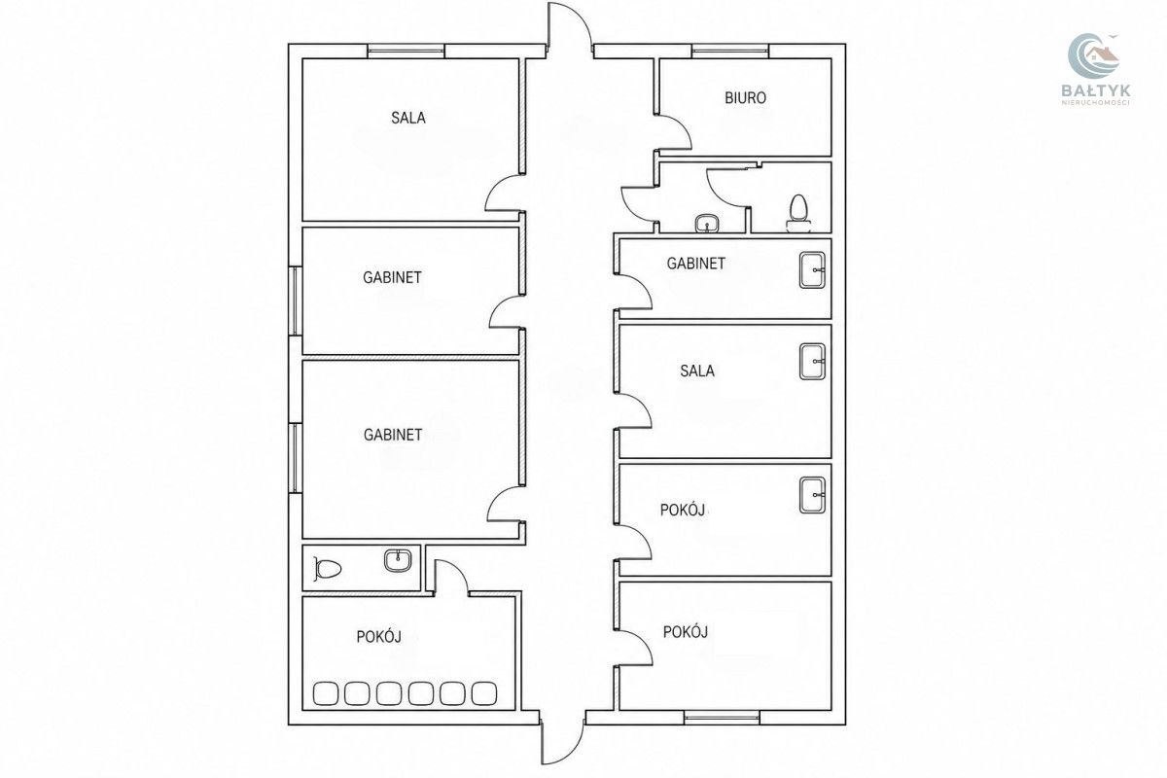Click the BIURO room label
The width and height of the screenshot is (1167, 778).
point(745,98)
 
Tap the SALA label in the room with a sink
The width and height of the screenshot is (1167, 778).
point(697,371)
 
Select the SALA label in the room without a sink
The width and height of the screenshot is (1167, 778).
point(408,118)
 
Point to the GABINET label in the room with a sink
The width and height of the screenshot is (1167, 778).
point(696,264)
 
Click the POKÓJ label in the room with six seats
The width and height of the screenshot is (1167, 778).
point(378,636)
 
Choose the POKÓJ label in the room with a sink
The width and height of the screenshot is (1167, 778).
point(683,510)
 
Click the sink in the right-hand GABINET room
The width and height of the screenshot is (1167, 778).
point(813,270)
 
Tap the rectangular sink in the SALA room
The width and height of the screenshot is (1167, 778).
point(813,361)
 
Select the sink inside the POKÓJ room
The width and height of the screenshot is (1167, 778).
point(813,495)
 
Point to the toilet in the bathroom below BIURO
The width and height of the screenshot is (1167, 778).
point(798,213)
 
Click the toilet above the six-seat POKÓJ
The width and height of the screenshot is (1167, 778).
point(327,569)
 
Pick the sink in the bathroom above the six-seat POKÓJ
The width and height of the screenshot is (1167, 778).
point(398,560)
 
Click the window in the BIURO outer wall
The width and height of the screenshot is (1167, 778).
point(730,52)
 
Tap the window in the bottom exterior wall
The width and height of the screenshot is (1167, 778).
point(722,718)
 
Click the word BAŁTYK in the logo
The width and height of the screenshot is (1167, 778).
point(1096,90)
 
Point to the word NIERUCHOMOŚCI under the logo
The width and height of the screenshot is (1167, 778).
point(1096,103)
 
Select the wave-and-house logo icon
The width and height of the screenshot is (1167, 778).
point(1093,55)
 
